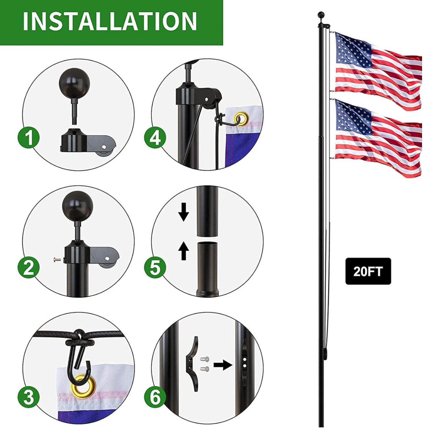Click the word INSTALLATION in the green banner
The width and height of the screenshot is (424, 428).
[110, 21]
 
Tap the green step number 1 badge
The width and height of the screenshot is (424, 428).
[29, 138]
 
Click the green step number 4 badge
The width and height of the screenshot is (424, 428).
[155, 138]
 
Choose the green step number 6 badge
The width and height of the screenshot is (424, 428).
[155, 397]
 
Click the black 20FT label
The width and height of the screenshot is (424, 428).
[368, 271]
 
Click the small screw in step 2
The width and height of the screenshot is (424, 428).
[57, 260]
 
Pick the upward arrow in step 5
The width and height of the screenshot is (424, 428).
[184, 251]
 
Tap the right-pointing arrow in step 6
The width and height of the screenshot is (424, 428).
[223, 365]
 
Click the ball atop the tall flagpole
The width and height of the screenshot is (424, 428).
[321, 15]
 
